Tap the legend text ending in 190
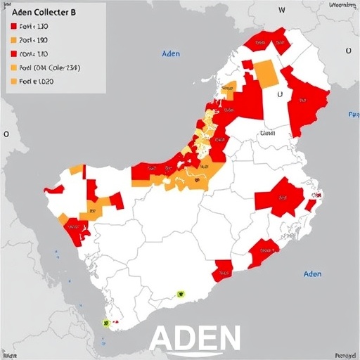tap(34, 40)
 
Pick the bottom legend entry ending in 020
tap(36, 82)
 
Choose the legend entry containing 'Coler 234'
tap(45, 68)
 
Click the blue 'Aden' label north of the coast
tap(171, 53)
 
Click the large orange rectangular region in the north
tap(265, 73)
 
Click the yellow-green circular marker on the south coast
tap(181, 295)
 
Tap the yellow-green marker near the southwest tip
tap(106, 323)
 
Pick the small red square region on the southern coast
tap(223, 269)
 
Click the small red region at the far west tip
tap(53, 189)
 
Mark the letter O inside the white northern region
tap(279, 92)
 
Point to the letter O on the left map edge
tap(6, 133)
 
